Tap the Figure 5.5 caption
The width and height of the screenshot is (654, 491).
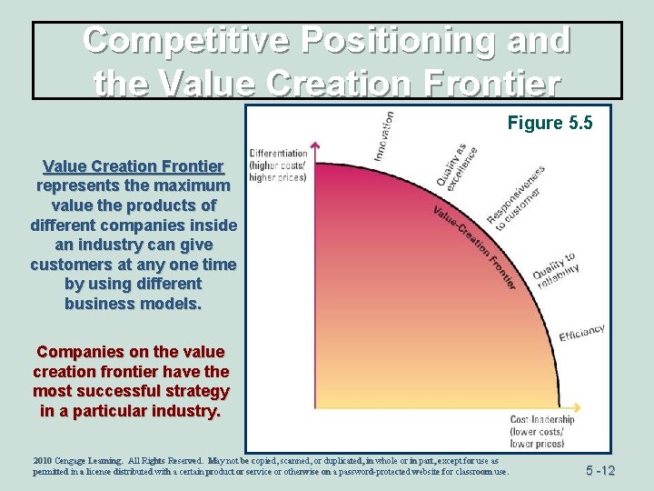pos(550,123)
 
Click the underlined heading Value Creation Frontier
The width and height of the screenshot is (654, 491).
pos(133,166)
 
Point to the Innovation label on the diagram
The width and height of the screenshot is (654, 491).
pos(383,136)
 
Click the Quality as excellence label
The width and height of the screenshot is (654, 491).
pos(457,165)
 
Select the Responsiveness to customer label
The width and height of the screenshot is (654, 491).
pos(515,197)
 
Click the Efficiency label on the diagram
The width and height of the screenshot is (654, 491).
pos(581,334)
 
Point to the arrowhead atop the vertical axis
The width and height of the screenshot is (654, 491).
pos(314,145)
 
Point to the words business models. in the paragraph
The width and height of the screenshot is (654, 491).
pos(133,304)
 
